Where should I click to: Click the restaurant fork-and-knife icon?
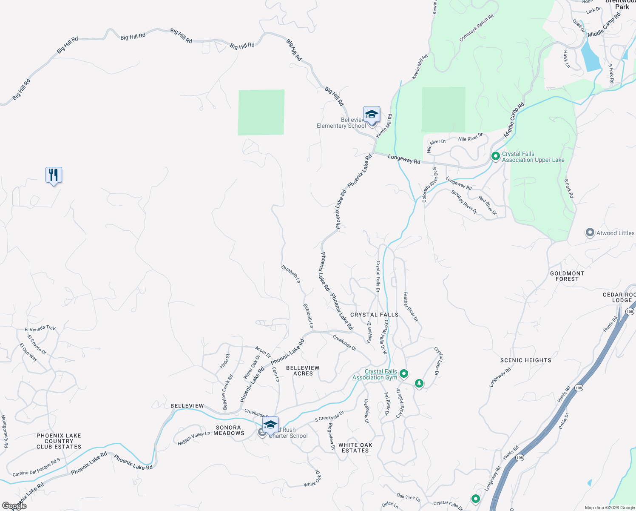click(x=54, y=175)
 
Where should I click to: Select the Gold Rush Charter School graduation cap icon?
click(x=270, y=425)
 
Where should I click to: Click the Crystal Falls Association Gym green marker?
click(x=404, y=374)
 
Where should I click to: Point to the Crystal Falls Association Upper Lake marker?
click(x=495, y=156)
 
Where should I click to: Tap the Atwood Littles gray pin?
click(x=590, y=233)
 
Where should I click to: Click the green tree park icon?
click(x=419, y=383)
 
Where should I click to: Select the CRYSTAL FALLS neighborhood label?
click(x=374, y=315)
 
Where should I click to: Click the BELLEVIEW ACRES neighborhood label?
click(x=303, y=370)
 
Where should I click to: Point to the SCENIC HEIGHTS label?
click(x=525, y=360)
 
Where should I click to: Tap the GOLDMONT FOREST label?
click(x=567, y=276)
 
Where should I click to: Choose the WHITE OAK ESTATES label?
click(x=355, y=448)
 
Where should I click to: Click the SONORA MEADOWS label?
click(x=229, y=430)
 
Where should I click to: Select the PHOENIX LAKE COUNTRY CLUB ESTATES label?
click(x=59, y=441)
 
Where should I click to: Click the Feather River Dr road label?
click(x=411, y=307)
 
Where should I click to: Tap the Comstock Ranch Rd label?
click(x=476, y=28)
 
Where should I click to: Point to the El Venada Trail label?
click(x=40, y=329)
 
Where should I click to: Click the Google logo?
click(x=14, y=506)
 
